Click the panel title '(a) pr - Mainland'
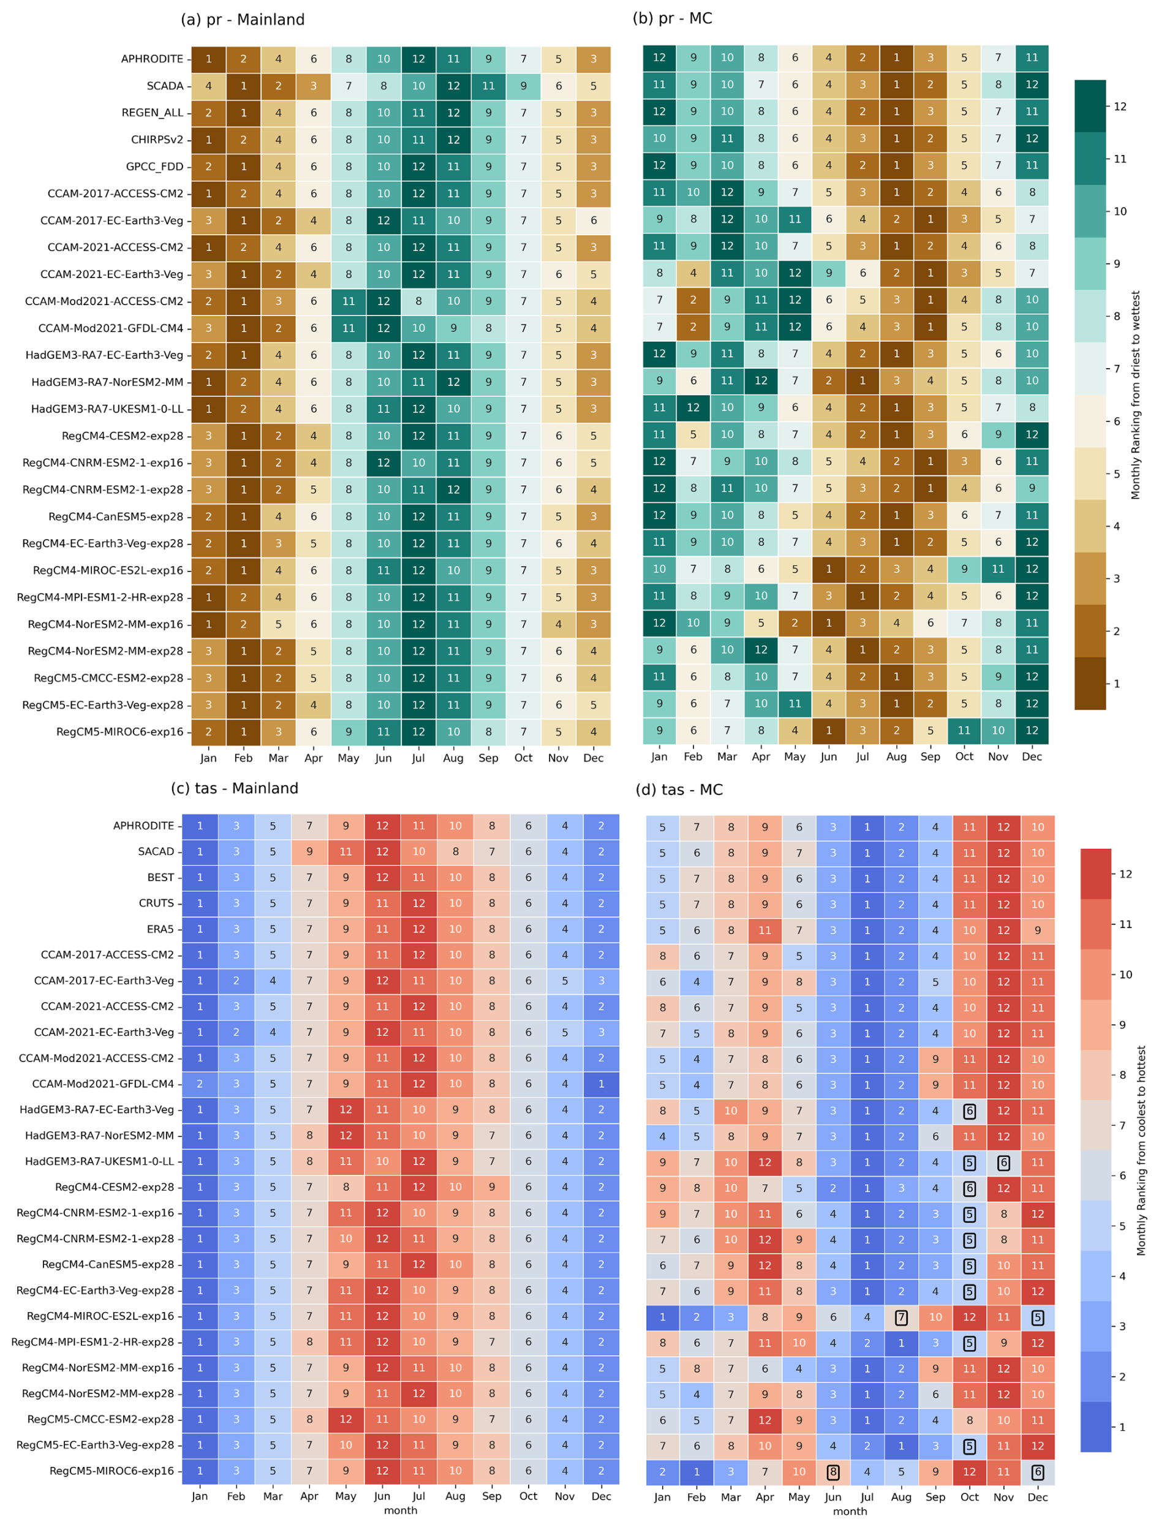click(243, 20)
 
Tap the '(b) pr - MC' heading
click(673, 18)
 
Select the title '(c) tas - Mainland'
click(235, 788)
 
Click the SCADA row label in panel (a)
click(165, 86)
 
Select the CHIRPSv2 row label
click(157, 140)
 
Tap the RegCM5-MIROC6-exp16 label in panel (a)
click(120, 732)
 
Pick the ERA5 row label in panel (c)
click(160, 929)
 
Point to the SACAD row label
click(156, 851)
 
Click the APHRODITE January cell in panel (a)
click(208, 59)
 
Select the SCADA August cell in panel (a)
click(453, 86)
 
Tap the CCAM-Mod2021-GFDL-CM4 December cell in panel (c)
click(601, 1084)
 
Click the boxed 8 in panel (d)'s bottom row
click(833, 1472)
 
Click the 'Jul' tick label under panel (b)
click(863, 756)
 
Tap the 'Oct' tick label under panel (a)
click(523, 758)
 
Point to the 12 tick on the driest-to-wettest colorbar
click(1120, 107)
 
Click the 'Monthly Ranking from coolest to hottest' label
click(1142, 1151)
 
